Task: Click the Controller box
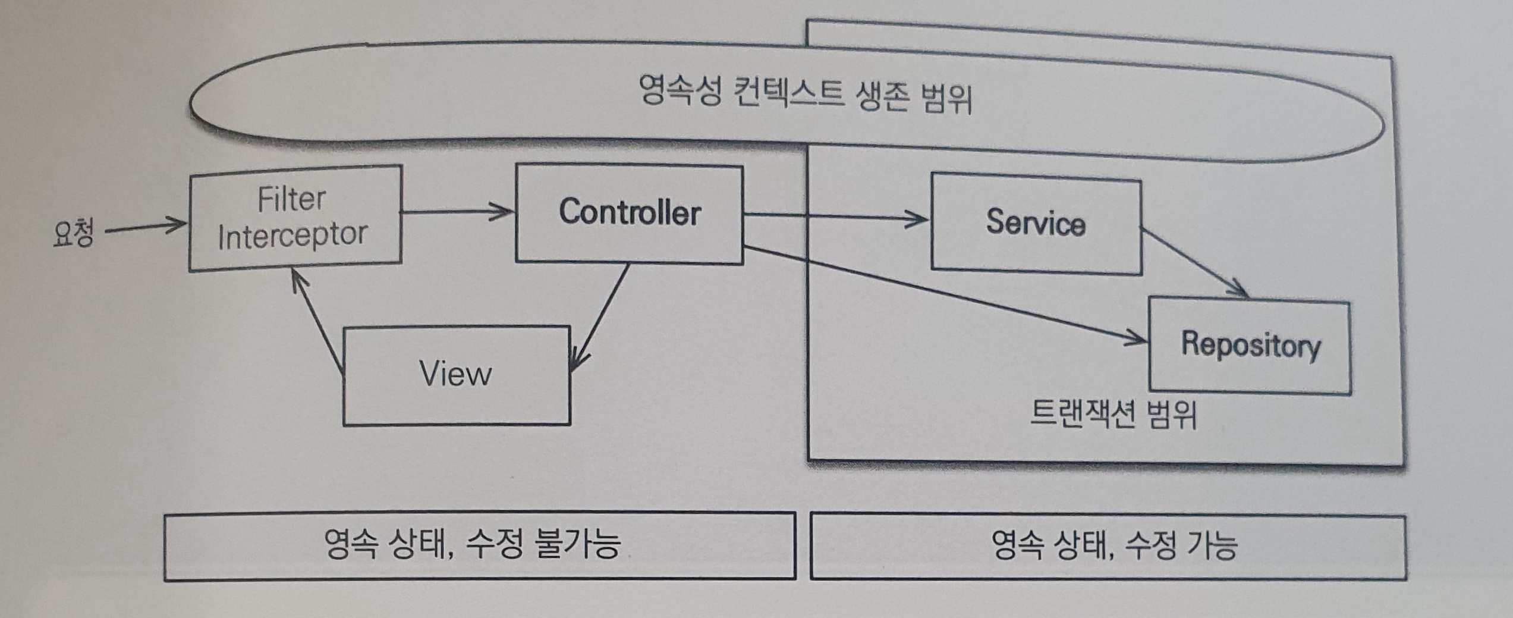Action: (x=629, y=214)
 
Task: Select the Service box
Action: (x=1035, y=223)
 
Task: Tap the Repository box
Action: (x=1250, y=346)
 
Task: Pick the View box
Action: (x=457, y=375)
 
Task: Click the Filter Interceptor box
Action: (x=295, y=218)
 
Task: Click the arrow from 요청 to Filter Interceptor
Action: (x=146, y=227)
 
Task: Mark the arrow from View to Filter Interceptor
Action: (x=317, y=322)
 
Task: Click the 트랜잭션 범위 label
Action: (x=1113, y=415)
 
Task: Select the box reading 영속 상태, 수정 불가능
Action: (x=479, y=545)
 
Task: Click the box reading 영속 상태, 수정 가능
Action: (x=1108, y=546)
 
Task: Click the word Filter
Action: (x=291, y=199)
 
